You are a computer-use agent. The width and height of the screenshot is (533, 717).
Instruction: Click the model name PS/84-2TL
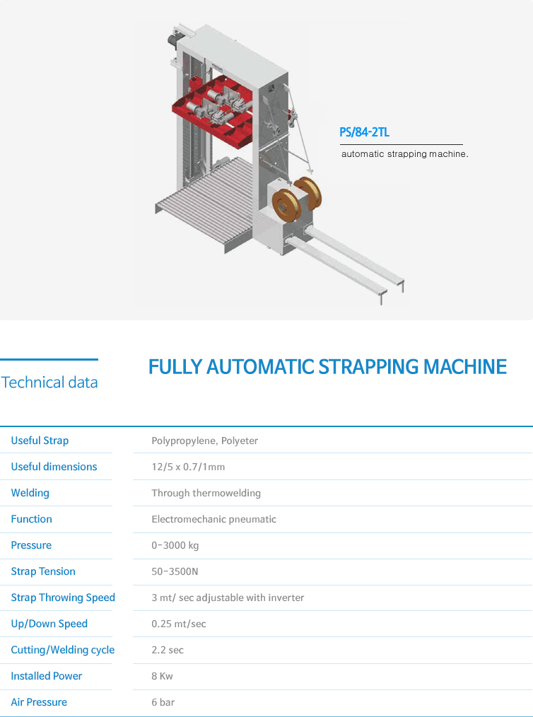364,133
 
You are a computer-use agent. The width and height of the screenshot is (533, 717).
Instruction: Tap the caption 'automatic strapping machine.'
404,154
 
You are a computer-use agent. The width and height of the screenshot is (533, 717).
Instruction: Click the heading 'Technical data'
49,383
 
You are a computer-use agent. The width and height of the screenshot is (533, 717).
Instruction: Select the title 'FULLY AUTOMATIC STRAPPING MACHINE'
328,367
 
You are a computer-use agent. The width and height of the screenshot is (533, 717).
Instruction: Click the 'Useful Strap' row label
40,441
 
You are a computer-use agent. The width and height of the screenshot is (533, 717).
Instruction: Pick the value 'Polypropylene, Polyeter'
205,441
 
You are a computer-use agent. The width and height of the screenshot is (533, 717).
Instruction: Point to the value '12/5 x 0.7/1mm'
188,467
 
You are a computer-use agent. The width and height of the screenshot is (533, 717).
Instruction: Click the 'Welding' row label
30,493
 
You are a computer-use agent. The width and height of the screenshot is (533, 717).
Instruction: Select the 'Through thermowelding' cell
206,493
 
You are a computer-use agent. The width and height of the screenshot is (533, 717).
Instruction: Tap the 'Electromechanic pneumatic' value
214,520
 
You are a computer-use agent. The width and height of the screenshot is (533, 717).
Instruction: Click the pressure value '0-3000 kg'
175,545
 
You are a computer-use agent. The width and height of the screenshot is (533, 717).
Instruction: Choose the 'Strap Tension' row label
43,571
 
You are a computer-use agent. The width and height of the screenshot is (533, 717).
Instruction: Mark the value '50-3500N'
175,571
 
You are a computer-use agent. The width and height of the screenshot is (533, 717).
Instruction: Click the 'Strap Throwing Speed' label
63,597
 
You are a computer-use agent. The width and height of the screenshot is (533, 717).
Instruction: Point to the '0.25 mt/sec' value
179,624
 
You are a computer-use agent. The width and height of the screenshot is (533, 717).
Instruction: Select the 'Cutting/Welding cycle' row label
63,650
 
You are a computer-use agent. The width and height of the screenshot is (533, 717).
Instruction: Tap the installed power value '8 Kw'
163,676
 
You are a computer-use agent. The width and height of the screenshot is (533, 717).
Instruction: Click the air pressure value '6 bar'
163,702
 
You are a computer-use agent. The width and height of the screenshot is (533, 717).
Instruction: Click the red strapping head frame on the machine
213,111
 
